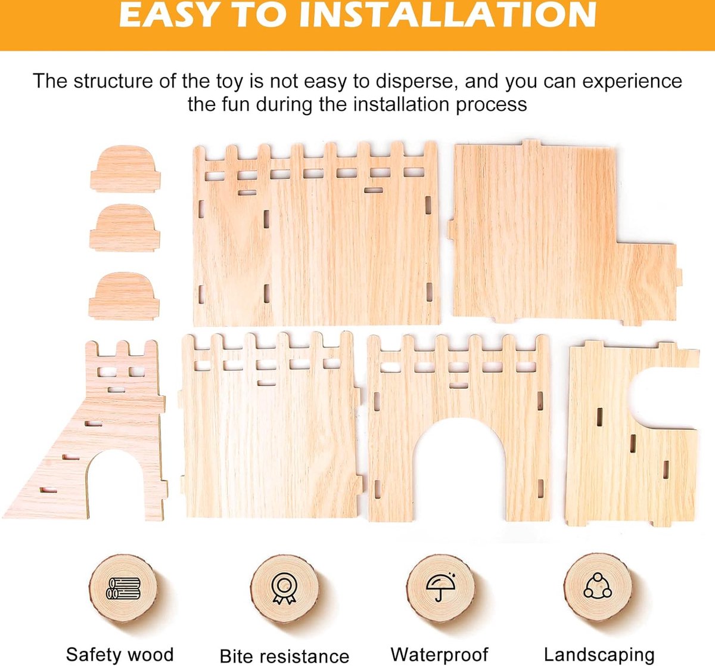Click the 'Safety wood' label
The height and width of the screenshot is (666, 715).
(x=120, y=653)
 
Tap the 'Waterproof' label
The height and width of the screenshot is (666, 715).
(x=440, y=653)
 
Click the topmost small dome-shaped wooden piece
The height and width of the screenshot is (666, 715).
(x=125, y=169)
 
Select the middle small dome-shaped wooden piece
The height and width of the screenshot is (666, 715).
(x=125, y=228)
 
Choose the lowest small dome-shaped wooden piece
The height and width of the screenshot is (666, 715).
(x=124, y=296)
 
